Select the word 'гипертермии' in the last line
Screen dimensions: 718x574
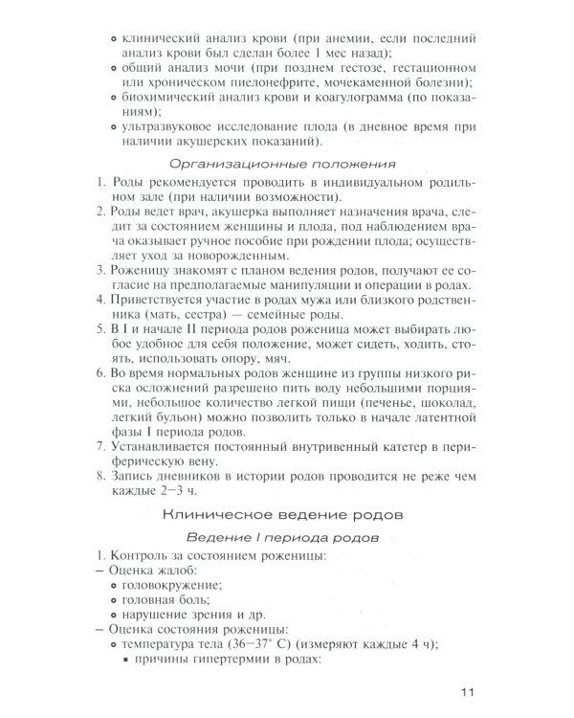point(249,662)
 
